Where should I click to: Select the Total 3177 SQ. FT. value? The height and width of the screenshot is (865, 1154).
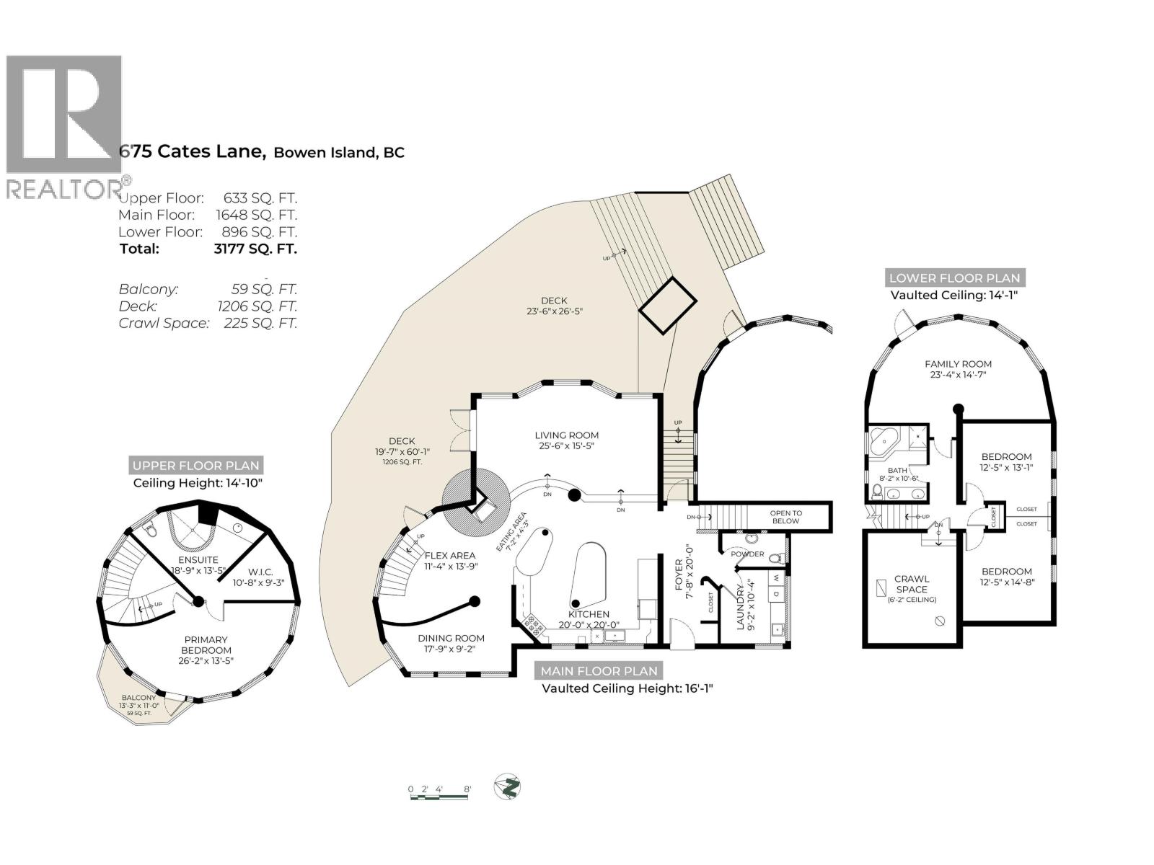tap(250, 249)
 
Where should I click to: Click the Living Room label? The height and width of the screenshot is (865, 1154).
tap(566, 435)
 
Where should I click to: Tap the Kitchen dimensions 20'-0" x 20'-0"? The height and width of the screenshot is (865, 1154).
tap(589, 625)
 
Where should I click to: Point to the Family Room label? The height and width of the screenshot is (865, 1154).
tap(958, 364)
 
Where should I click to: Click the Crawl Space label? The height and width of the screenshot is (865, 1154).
tap(912, 584)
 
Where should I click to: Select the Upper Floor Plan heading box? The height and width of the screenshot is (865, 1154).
tap(195, 466)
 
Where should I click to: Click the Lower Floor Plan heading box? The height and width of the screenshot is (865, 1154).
tap(954, 278)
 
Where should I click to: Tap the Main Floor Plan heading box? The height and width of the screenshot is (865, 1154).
tap(599, 671)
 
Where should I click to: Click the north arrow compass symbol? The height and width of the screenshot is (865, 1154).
tap(508, 786)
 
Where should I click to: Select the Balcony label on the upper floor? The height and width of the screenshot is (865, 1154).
tap(138, 698)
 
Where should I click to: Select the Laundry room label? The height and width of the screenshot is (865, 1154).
tap(742, 608)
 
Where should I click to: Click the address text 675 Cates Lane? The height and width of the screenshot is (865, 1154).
tap(193, 152)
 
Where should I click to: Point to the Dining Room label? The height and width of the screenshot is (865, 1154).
tap(451, 638)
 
